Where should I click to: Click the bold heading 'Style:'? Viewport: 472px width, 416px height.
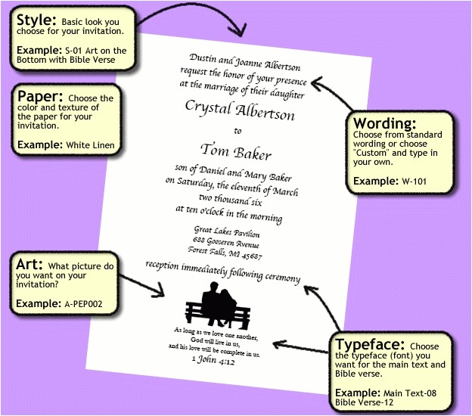(x=35, y=19)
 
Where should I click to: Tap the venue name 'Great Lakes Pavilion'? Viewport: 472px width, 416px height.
(x=226, y=233)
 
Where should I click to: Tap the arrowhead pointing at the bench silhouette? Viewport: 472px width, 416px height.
(x=160, y=290)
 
